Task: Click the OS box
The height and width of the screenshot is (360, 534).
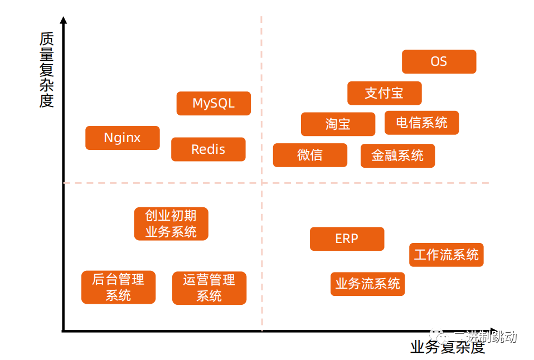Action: [x=439, y=62]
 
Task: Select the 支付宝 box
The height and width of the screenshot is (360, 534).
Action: [x=384, y=93]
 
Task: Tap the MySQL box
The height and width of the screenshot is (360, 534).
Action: [x=213, y=104]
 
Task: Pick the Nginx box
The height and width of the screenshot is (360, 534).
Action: [x=122, y=138]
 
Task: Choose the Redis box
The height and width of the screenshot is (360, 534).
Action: [x=208, y=149]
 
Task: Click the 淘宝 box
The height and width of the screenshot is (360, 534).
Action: [x=338, y=124]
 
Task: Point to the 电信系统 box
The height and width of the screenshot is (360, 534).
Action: [x=421, y=123]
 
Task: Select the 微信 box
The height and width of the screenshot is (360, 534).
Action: [x=310, y=155]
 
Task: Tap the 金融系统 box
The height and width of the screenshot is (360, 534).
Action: [x=397, y=155]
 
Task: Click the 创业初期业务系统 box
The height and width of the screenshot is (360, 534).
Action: [x=171, y=224]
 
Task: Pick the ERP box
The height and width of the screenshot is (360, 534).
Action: [x=347, y=239]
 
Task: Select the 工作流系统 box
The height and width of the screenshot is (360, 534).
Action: [x=446, y=255]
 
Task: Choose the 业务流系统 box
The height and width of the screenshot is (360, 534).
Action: [x=367, y=284]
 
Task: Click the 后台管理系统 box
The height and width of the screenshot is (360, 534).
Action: [x=118, y=288]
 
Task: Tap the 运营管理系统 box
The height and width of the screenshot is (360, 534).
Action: [x=209, y=288]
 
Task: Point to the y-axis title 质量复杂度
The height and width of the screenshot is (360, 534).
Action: [x=47, y=70]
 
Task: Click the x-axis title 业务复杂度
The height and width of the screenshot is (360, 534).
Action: [x=448, y=348]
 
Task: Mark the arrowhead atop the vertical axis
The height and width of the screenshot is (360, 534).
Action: [x=64, y=21]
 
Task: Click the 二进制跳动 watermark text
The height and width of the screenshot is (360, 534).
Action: [x=485, y=337]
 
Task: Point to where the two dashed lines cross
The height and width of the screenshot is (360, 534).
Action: [x=261, y=182]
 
